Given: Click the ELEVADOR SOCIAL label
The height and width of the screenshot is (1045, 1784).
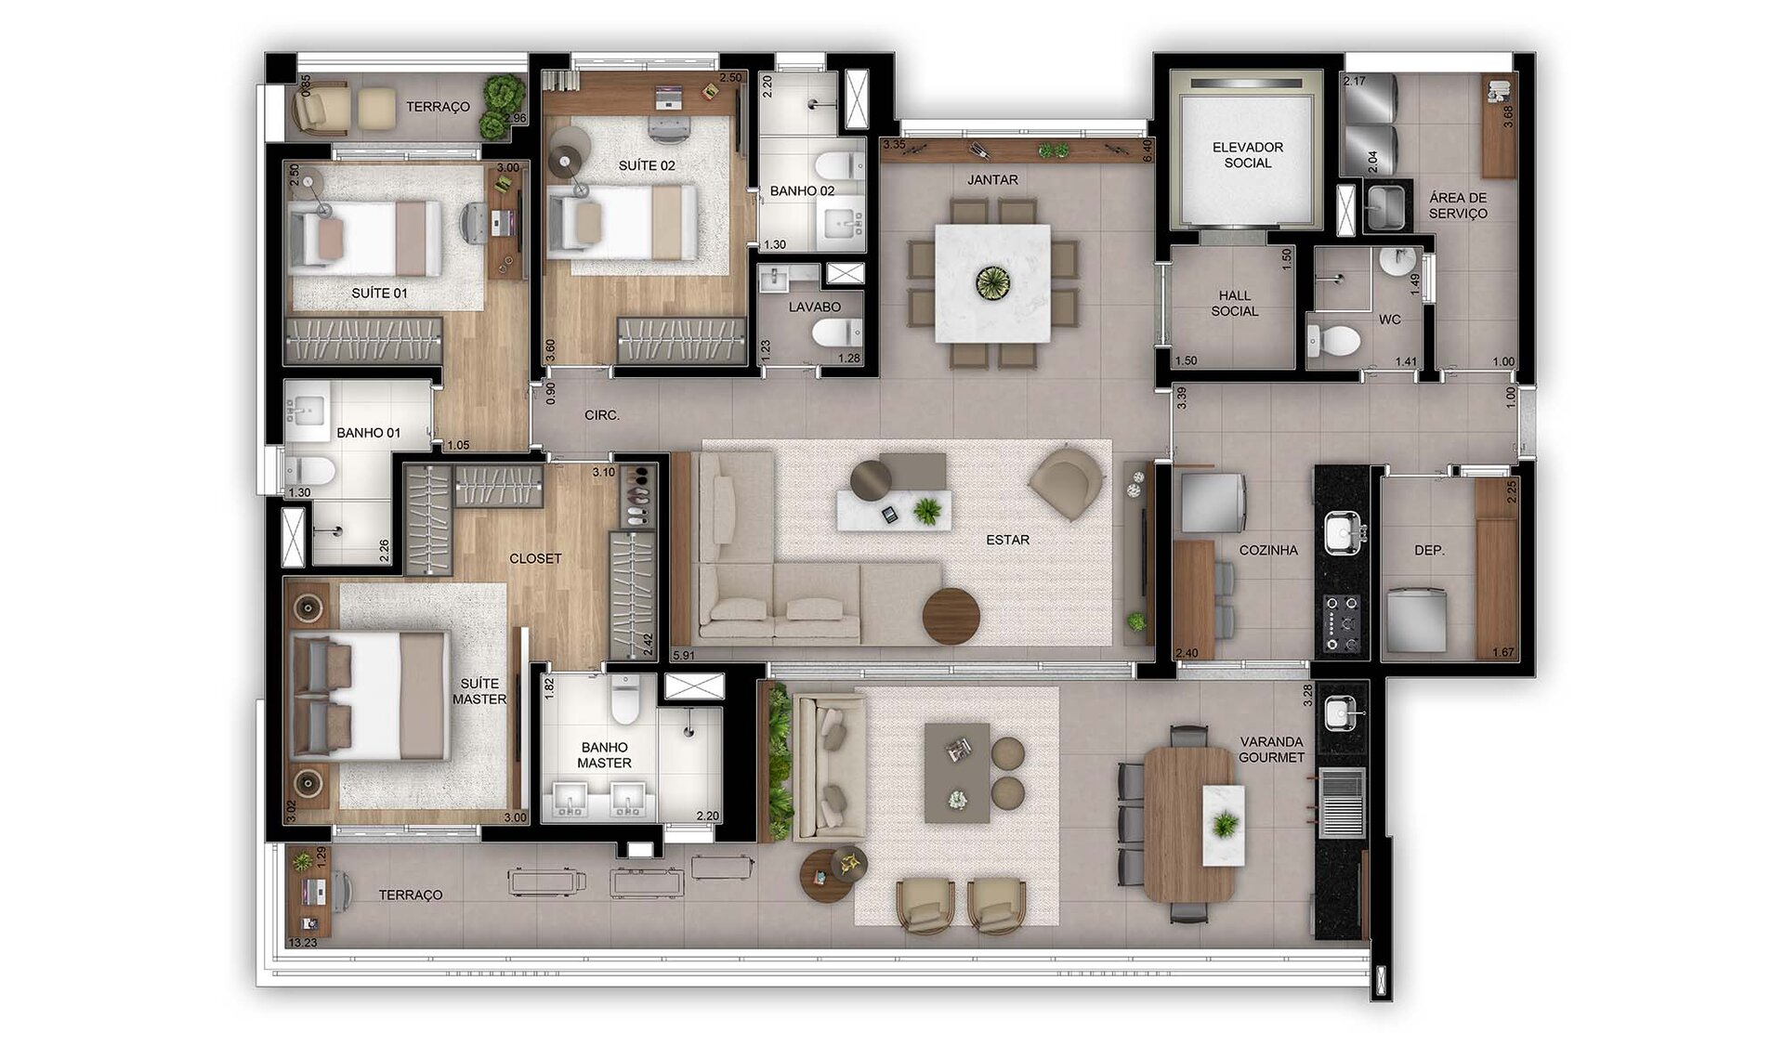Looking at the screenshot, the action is pos(1247,154).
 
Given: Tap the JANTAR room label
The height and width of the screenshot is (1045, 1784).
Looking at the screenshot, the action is pos(992,179).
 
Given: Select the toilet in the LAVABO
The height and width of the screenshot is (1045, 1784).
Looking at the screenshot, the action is pos(836,332).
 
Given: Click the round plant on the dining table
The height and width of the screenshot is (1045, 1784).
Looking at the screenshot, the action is pos(992,282).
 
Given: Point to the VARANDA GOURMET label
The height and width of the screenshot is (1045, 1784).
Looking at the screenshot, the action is pos(1271,750).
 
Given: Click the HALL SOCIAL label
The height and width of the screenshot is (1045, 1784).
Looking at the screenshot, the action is pos(1234,303).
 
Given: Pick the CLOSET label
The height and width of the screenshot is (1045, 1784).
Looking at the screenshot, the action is pos(535,558).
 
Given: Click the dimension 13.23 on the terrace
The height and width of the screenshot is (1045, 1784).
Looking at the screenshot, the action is pos(302,942).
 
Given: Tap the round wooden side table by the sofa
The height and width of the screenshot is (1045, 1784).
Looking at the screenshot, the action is pos(951,616).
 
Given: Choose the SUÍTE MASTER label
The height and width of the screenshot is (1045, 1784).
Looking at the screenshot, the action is pos(479,691).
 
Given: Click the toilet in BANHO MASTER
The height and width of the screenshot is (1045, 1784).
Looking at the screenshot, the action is pos(625,699).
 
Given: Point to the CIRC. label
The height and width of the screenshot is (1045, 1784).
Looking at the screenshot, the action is pos(602,415).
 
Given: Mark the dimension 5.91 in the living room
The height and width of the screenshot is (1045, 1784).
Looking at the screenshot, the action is pos(683,655).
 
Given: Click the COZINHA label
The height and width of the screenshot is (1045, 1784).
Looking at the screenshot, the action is pos(1268,550).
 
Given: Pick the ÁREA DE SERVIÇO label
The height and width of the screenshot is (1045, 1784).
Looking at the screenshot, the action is pos(1458,205).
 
